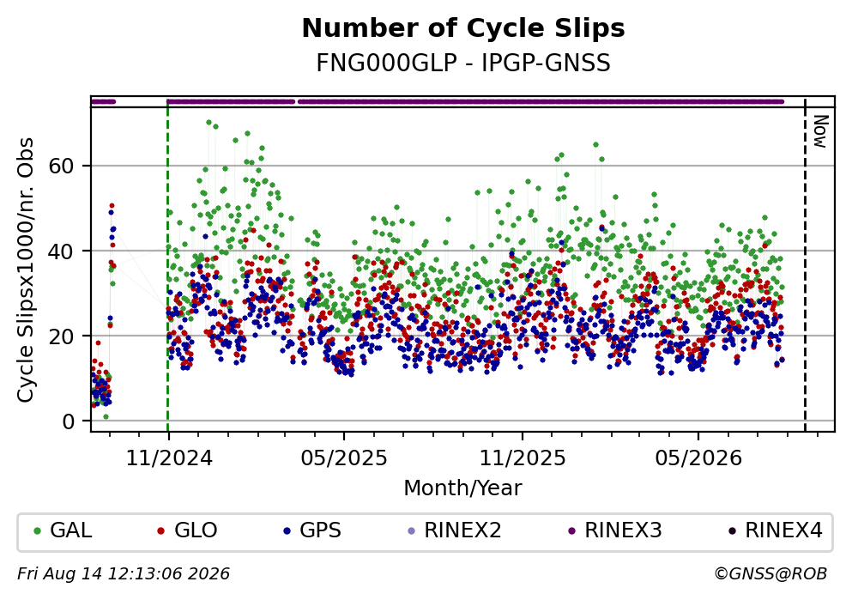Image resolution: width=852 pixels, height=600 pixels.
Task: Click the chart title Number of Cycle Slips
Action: point(463,28)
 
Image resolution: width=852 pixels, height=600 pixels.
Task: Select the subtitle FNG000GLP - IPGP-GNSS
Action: point(463,63)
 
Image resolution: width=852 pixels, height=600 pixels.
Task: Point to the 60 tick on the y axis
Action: point(61,166)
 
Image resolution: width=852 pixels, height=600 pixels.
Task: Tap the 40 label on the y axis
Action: point(61,252)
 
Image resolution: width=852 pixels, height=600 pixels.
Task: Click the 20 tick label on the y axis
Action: point(61,336)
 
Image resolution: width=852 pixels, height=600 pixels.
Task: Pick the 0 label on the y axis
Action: point(69,421)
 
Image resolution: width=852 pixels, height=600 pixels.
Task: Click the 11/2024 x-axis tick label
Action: point(169,458)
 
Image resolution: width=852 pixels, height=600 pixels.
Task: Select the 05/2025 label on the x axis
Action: point(344,458)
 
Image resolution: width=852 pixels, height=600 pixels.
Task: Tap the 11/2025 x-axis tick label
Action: point(523,458)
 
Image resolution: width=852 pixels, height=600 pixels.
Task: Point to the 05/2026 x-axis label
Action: point(698,458)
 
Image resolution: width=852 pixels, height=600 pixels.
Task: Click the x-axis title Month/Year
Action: point(463,488)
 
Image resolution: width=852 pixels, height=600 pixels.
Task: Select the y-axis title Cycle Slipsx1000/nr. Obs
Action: point(25,270)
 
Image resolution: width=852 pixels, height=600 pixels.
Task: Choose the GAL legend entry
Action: point(63,530)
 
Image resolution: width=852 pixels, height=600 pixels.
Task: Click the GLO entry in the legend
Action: point(187,530)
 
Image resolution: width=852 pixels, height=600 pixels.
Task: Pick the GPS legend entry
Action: point(311,530)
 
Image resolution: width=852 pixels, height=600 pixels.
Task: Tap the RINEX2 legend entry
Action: point(454,530)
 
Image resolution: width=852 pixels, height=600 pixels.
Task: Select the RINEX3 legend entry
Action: point(614,530)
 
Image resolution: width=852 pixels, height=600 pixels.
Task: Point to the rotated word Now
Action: point(819,131)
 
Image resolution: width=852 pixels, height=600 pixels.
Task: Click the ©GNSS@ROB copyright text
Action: point(770,574)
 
